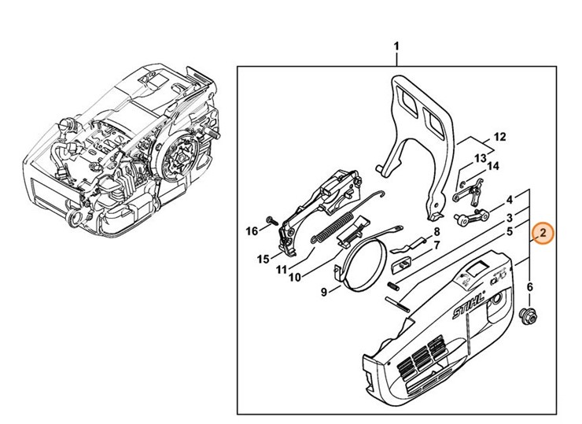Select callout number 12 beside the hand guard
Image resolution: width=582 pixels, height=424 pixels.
pos(499,137)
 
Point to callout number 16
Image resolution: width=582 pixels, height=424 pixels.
pos(252,230)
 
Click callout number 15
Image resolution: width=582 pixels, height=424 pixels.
pos(264,258)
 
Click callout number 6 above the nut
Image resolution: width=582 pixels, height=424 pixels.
pos(530,287)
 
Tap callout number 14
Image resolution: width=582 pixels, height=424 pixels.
pos(493,166)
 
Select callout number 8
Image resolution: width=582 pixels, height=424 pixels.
pos(435,232)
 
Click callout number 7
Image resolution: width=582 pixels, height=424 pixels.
pos(435,245)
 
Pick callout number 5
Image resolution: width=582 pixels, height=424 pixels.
pos(510,231)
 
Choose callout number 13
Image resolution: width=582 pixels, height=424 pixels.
pos(479,158)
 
